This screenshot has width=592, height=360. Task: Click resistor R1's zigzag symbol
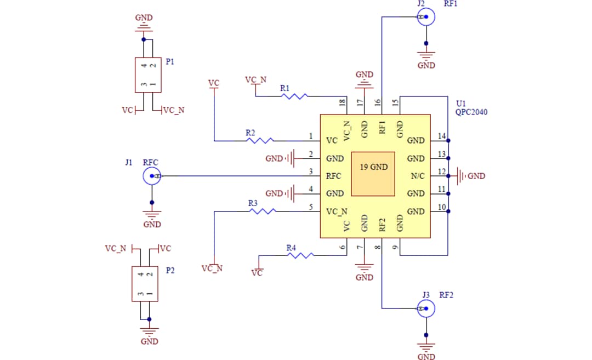click(294, 96)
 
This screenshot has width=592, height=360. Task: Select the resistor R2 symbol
click(260, 141)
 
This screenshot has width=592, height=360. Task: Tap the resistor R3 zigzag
click(263, 211)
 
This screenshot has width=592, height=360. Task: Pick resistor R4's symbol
click(299, 255)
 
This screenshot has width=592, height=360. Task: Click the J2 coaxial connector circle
click(426, 18)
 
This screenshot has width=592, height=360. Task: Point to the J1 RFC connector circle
click(152, 176)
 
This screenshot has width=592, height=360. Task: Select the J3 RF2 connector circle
click(426, 310)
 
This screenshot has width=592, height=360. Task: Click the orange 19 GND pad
click(373, 173)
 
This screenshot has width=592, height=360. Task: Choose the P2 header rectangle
click(145, 283)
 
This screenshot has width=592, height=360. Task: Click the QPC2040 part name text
click(471, 112)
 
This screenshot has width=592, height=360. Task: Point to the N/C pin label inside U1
click(417, 176)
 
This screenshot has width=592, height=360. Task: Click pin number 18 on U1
click(342, 102)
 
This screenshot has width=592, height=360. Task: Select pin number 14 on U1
click(442, 136)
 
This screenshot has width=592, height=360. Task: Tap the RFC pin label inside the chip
click(333, 176)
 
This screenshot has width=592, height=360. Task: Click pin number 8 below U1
click(378, 248)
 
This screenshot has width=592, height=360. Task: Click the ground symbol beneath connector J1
click(152, 215)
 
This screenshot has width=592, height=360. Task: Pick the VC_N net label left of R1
click(255, 80)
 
